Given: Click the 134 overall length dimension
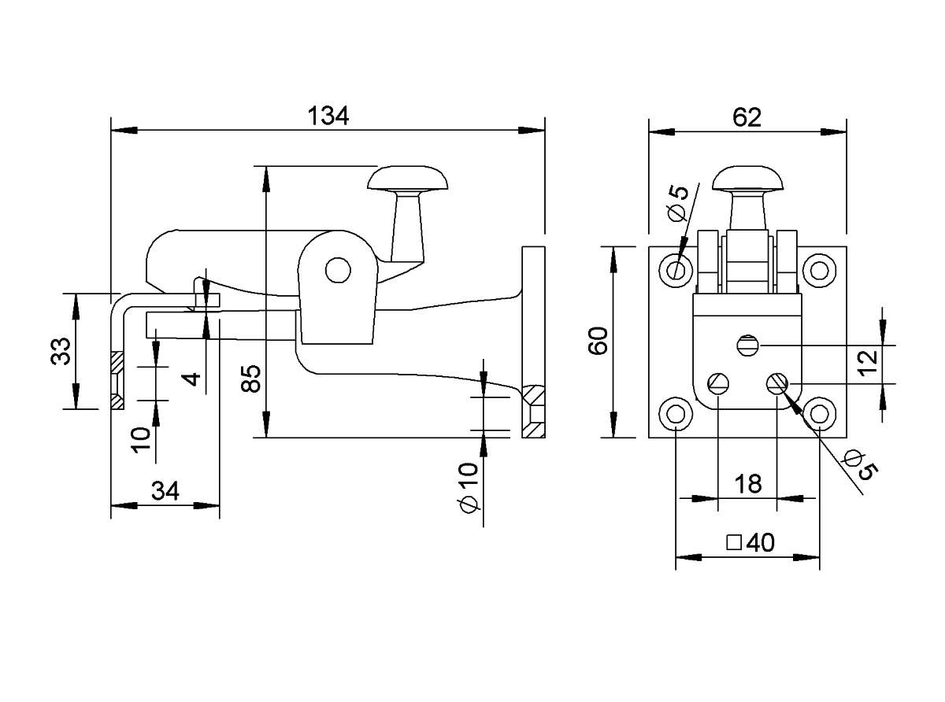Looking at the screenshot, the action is coord(328,116).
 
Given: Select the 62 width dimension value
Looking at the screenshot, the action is coord(747,117).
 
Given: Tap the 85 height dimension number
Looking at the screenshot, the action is coord(250,379).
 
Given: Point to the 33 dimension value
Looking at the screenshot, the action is coord(61,351).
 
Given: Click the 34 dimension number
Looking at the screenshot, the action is coord(165,490).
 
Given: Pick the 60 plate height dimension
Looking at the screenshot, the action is coord(598,340).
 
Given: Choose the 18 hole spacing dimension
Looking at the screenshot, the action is coord(748,484).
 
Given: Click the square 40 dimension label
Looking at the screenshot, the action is coord(750,542).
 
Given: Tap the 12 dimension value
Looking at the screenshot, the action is coord(868,363).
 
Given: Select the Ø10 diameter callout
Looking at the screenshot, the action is coord(468,487).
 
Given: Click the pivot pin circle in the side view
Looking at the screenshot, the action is coord(338,270).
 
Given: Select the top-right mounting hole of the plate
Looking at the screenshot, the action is coord(819,271).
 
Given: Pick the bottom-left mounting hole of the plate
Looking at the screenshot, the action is coord(676,414).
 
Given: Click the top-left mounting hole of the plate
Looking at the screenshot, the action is coord(676,271).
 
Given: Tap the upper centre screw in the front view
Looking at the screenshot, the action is coord(748,345).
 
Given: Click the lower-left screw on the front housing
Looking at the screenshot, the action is coord(718,383).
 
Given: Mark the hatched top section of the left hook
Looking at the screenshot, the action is coord(117,363).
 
